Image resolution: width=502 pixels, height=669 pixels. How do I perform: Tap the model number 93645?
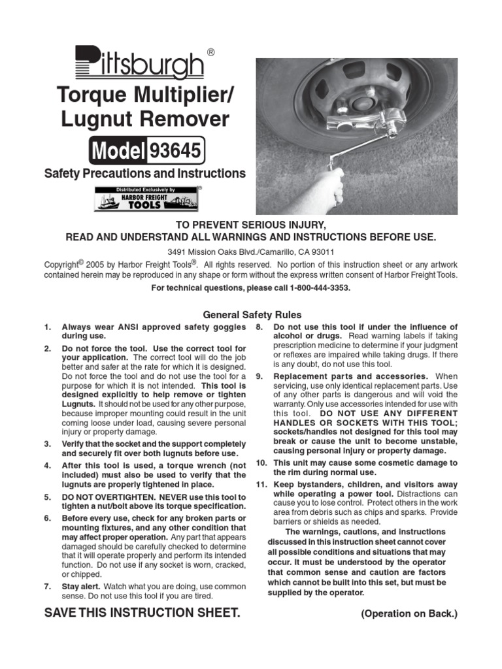click(x=176, y=151)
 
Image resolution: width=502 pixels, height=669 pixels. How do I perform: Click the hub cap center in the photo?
click(x=360, y=103)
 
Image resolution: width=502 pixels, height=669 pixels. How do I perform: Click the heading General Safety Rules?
click(x=252, y=315)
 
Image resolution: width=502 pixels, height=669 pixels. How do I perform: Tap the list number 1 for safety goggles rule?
click(x=47, y=327)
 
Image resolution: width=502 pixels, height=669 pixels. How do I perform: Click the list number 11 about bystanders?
click(x=261, y=485)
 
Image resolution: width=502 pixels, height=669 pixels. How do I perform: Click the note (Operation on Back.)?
click(x=409, y=614)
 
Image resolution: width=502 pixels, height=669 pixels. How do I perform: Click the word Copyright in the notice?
click(x=61, y=265)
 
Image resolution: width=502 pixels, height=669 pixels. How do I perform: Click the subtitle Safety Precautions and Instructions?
click(x=144, y=174)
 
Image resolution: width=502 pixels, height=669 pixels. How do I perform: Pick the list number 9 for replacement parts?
click(x=259, y=376)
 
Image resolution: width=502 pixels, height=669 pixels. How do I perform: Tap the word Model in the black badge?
click(x=118, y=151)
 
